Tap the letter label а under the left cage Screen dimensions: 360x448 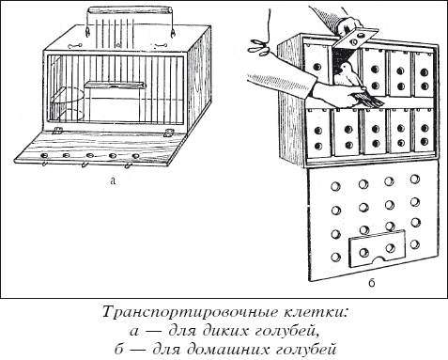(113, 182)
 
